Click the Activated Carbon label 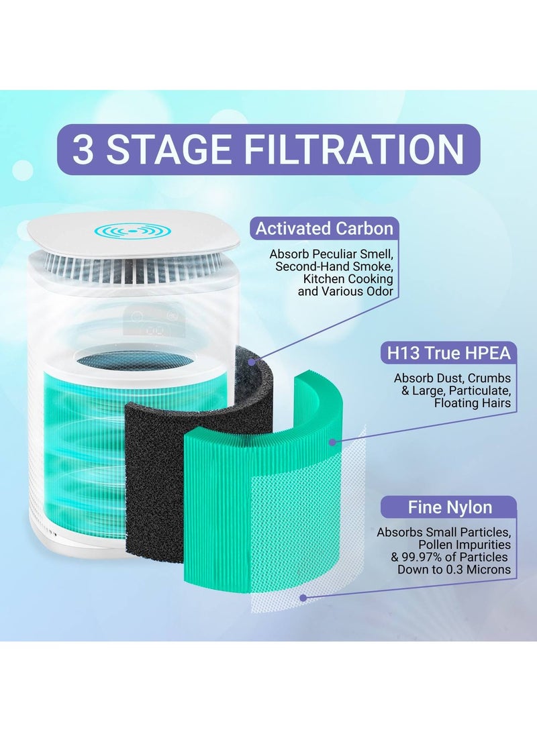pos(324,228)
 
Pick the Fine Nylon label pos(450,507)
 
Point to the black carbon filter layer pos(154,463)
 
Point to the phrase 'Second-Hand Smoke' pos(334,266)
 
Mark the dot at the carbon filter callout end pos(252,362)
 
